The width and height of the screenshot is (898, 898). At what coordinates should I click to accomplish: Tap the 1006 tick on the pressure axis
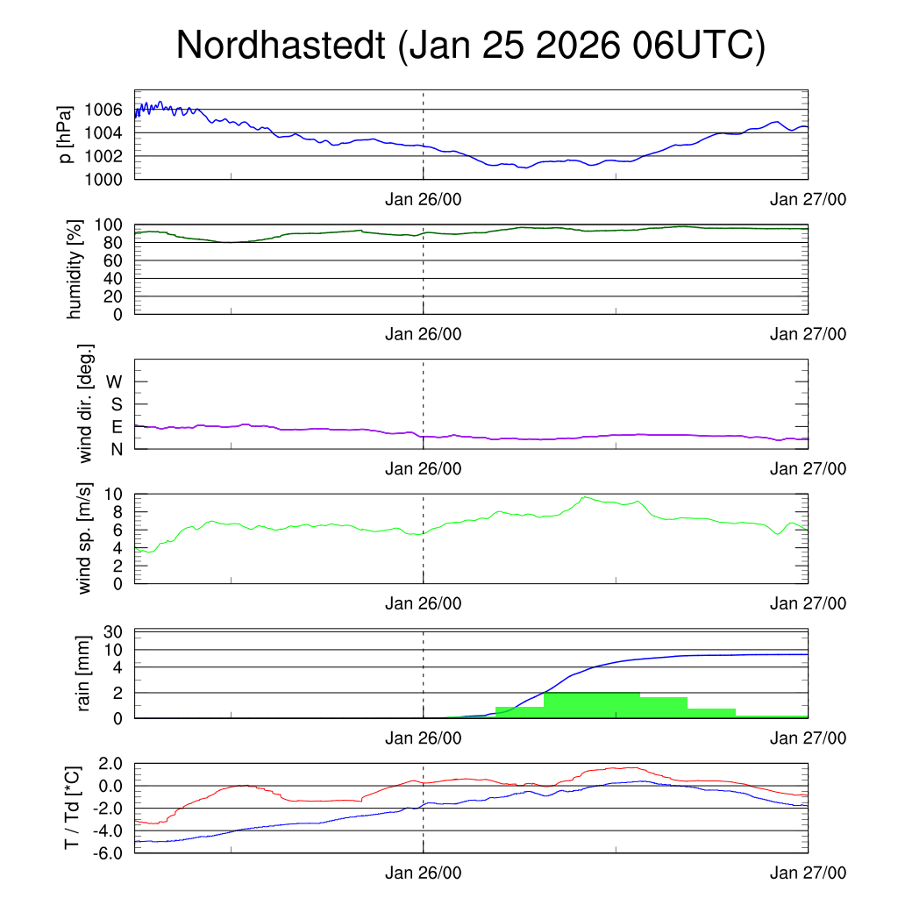104,110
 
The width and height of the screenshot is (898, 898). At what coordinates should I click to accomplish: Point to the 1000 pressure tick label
104,179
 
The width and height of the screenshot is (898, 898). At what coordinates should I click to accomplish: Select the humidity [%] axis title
74,268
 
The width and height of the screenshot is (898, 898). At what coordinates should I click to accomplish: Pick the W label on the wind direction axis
115,381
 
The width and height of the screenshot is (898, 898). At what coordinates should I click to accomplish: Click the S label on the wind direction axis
117,404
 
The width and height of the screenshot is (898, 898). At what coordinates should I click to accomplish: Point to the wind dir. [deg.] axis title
85,403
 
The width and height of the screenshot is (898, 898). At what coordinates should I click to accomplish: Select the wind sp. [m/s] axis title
85,538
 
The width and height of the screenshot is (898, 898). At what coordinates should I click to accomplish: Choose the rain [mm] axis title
85,673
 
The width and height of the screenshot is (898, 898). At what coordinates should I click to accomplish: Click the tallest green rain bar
591,705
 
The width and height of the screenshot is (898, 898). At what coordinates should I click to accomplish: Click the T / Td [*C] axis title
74,808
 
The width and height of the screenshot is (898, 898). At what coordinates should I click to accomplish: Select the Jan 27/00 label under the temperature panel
809,873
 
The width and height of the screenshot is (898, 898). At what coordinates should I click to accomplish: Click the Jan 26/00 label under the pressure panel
424,200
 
